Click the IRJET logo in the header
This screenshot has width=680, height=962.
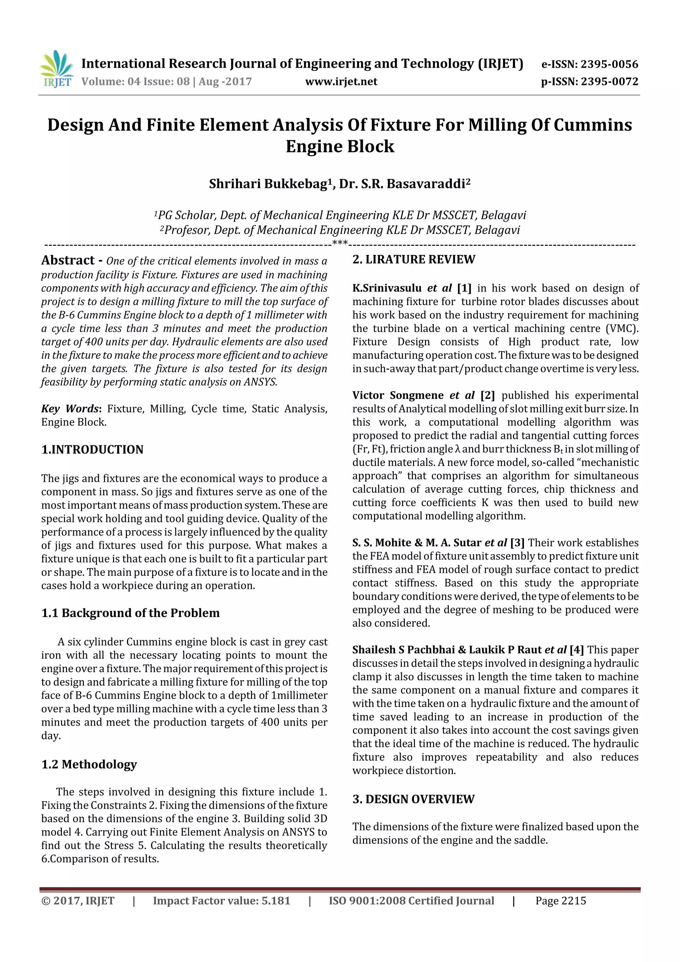pyautogui.click(x=56, y=68)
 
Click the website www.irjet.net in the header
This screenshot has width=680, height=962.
pyautogui.click(x=341, y=82)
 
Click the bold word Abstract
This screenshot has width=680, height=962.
pyautogui.click(x=68, y=260)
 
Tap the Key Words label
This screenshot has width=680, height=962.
pyautogui.click(x=70, y=408)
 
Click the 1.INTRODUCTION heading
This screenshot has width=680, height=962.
pyautogui.click(x=92, y=450)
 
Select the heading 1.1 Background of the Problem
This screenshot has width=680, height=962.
pyautogui.click(x=130, y=613)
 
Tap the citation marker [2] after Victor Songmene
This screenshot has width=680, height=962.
pyautogui.click(x=487, y=395)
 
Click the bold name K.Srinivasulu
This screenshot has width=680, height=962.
pyautogui.click(x=387, y=288)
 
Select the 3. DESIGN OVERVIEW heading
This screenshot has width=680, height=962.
pyautogui.click(x=413, y=799)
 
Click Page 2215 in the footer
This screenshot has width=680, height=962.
pyautogui.click(x=560, y=901)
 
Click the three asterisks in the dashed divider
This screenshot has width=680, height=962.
pyautogui.click(x=340, y=243)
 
